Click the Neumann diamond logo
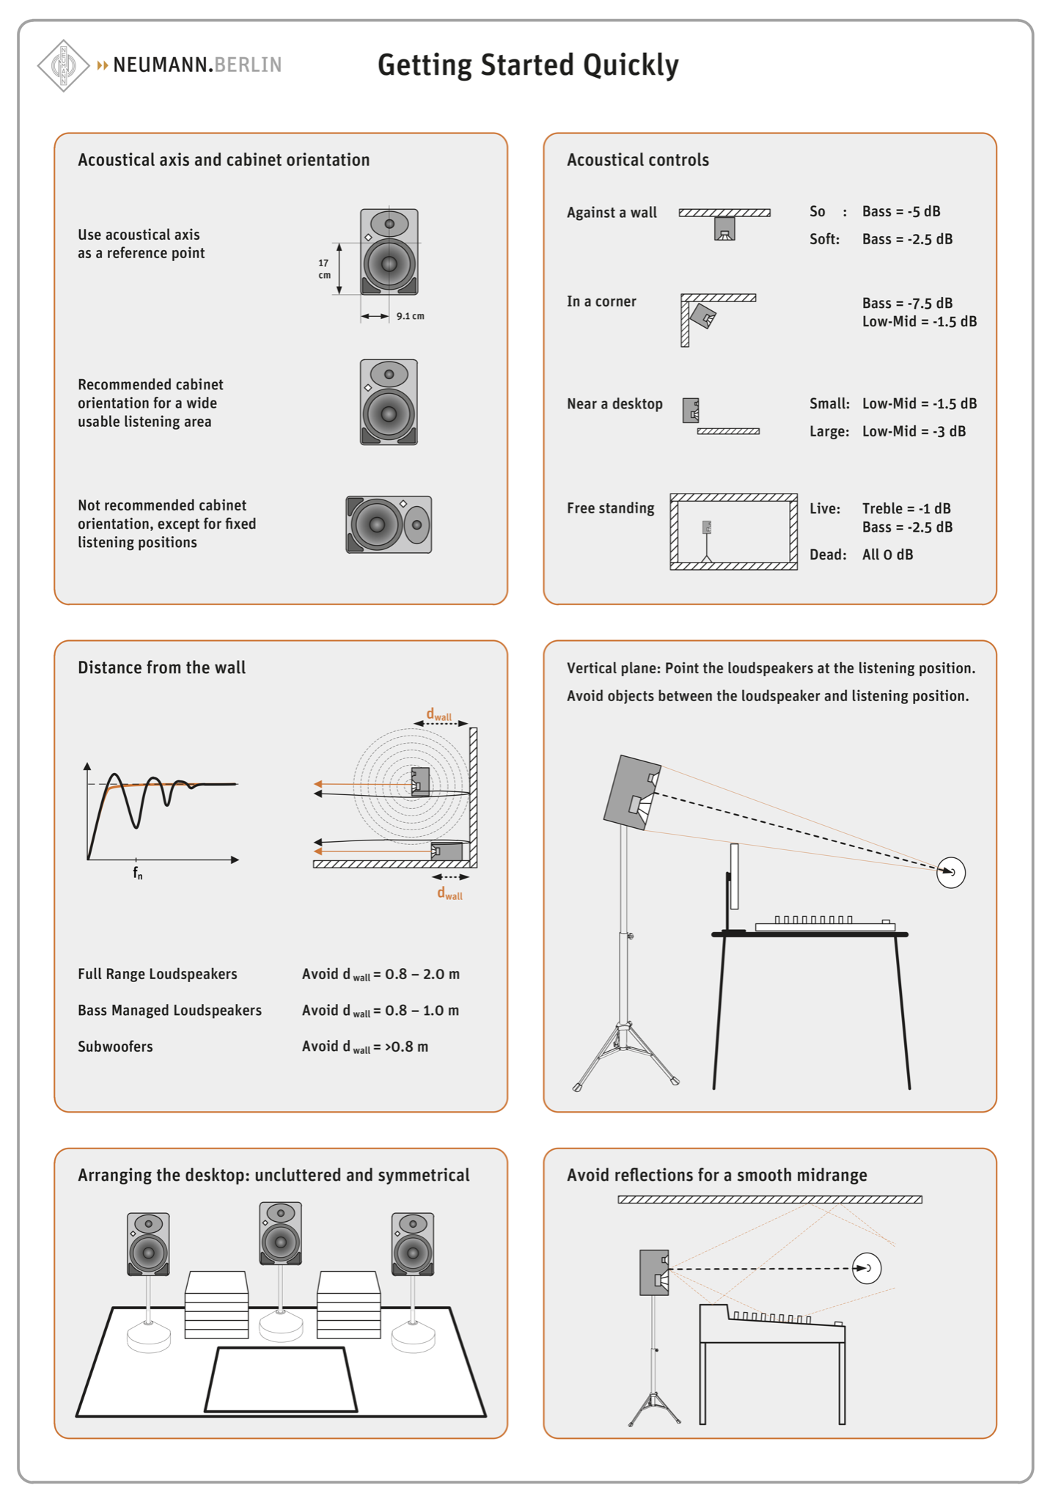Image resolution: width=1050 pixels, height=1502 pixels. tap(64, 65)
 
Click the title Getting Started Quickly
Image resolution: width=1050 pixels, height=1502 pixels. tap(528, 65)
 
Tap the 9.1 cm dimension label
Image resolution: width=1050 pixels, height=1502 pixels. tap(411, 316)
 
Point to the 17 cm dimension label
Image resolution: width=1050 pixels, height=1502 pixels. tap(323, 268)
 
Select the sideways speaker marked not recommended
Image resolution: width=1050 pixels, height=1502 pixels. tap(389, 524)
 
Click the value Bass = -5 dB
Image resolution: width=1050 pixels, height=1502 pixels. tap(901, 212)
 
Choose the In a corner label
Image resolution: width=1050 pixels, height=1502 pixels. tap(601, 301)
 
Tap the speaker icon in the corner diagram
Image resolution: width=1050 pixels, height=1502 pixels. tap(702, 317)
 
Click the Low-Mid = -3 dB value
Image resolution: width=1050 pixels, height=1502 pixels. tap(914, 431)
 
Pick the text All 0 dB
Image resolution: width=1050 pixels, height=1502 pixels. tap(887, 554)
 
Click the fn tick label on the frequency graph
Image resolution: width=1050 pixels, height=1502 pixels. tap(138, 873)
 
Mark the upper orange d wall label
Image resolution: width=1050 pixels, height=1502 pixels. tap(439, 714)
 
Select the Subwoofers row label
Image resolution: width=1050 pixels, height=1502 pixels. tap(115, 1047)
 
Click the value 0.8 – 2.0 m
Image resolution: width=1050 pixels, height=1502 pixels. tap(422, 974)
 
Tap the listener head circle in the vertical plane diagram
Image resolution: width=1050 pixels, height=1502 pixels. tap(951, 872)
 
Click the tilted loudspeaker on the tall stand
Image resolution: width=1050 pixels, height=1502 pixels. tap(632, 793)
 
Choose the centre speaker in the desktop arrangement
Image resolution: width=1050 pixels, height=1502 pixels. tap(281, 1234)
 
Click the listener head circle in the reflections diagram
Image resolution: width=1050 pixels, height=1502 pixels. tap(867, 1268)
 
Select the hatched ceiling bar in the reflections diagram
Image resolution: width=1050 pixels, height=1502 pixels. tap(770, 1200)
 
